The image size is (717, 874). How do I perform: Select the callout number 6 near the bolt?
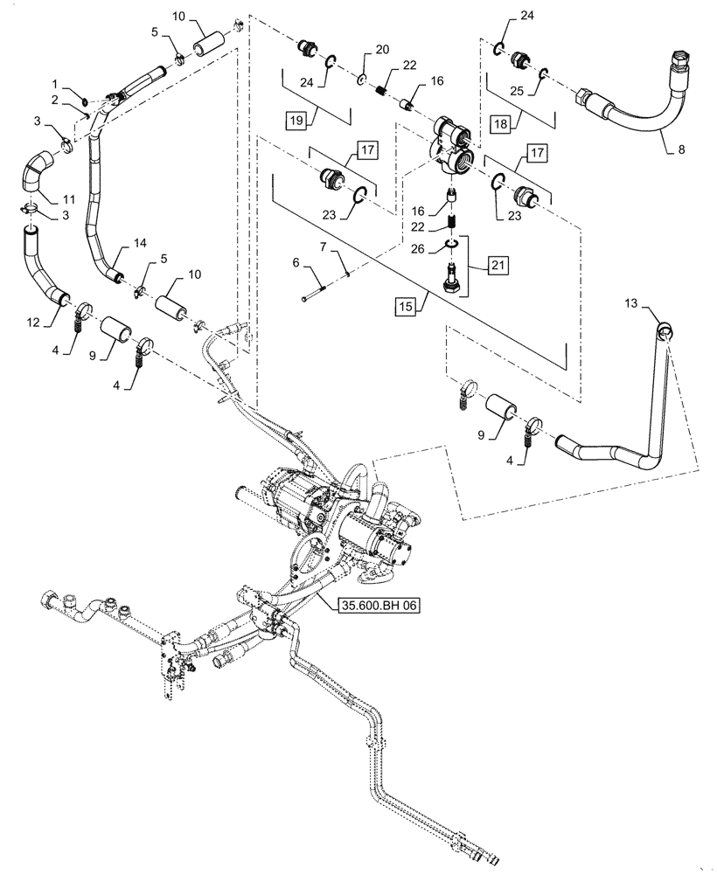pos(296,263)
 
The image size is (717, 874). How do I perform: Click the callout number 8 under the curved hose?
pos(681,149)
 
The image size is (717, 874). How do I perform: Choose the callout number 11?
pos(67,199)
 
